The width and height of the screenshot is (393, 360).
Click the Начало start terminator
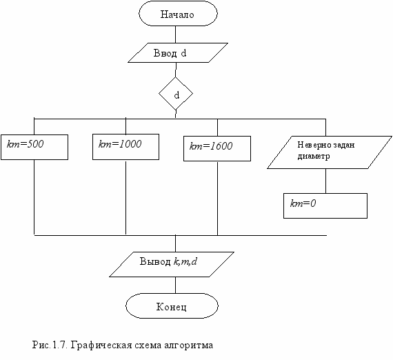[178, 14]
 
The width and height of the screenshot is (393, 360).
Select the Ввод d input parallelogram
[178, 52]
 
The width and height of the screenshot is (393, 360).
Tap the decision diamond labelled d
[176, 94]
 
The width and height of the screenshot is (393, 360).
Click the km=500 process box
[34, 147]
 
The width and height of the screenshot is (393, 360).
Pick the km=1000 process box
[125, 147]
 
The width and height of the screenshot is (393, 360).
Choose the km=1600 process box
[217, 149]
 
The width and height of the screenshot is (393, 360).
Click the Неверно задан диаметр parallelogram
[330, 152]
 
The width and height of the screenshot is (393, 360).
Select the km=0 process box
[325, 206]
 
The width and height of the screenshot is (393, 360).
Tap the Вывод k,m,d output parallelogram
[172, 265]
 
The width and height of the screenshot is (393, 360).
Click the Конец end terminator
[172, 306]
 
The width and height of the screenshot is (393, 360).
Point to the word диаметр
[314, 157]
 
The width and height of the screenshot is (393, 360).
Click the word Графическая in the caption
[101, 346]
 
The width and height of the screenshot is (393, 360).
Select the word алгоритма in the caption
[189, 346]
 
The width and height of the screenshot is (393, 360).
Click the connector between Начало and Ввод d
[175, 34]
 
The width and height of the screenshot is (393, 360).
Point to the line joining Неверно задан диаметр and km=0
[325, 181]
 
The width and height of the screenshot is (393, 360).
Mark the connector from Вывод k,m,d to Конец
[175, 286]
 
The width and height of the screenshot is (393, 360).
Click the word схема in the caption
[148, 346]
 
